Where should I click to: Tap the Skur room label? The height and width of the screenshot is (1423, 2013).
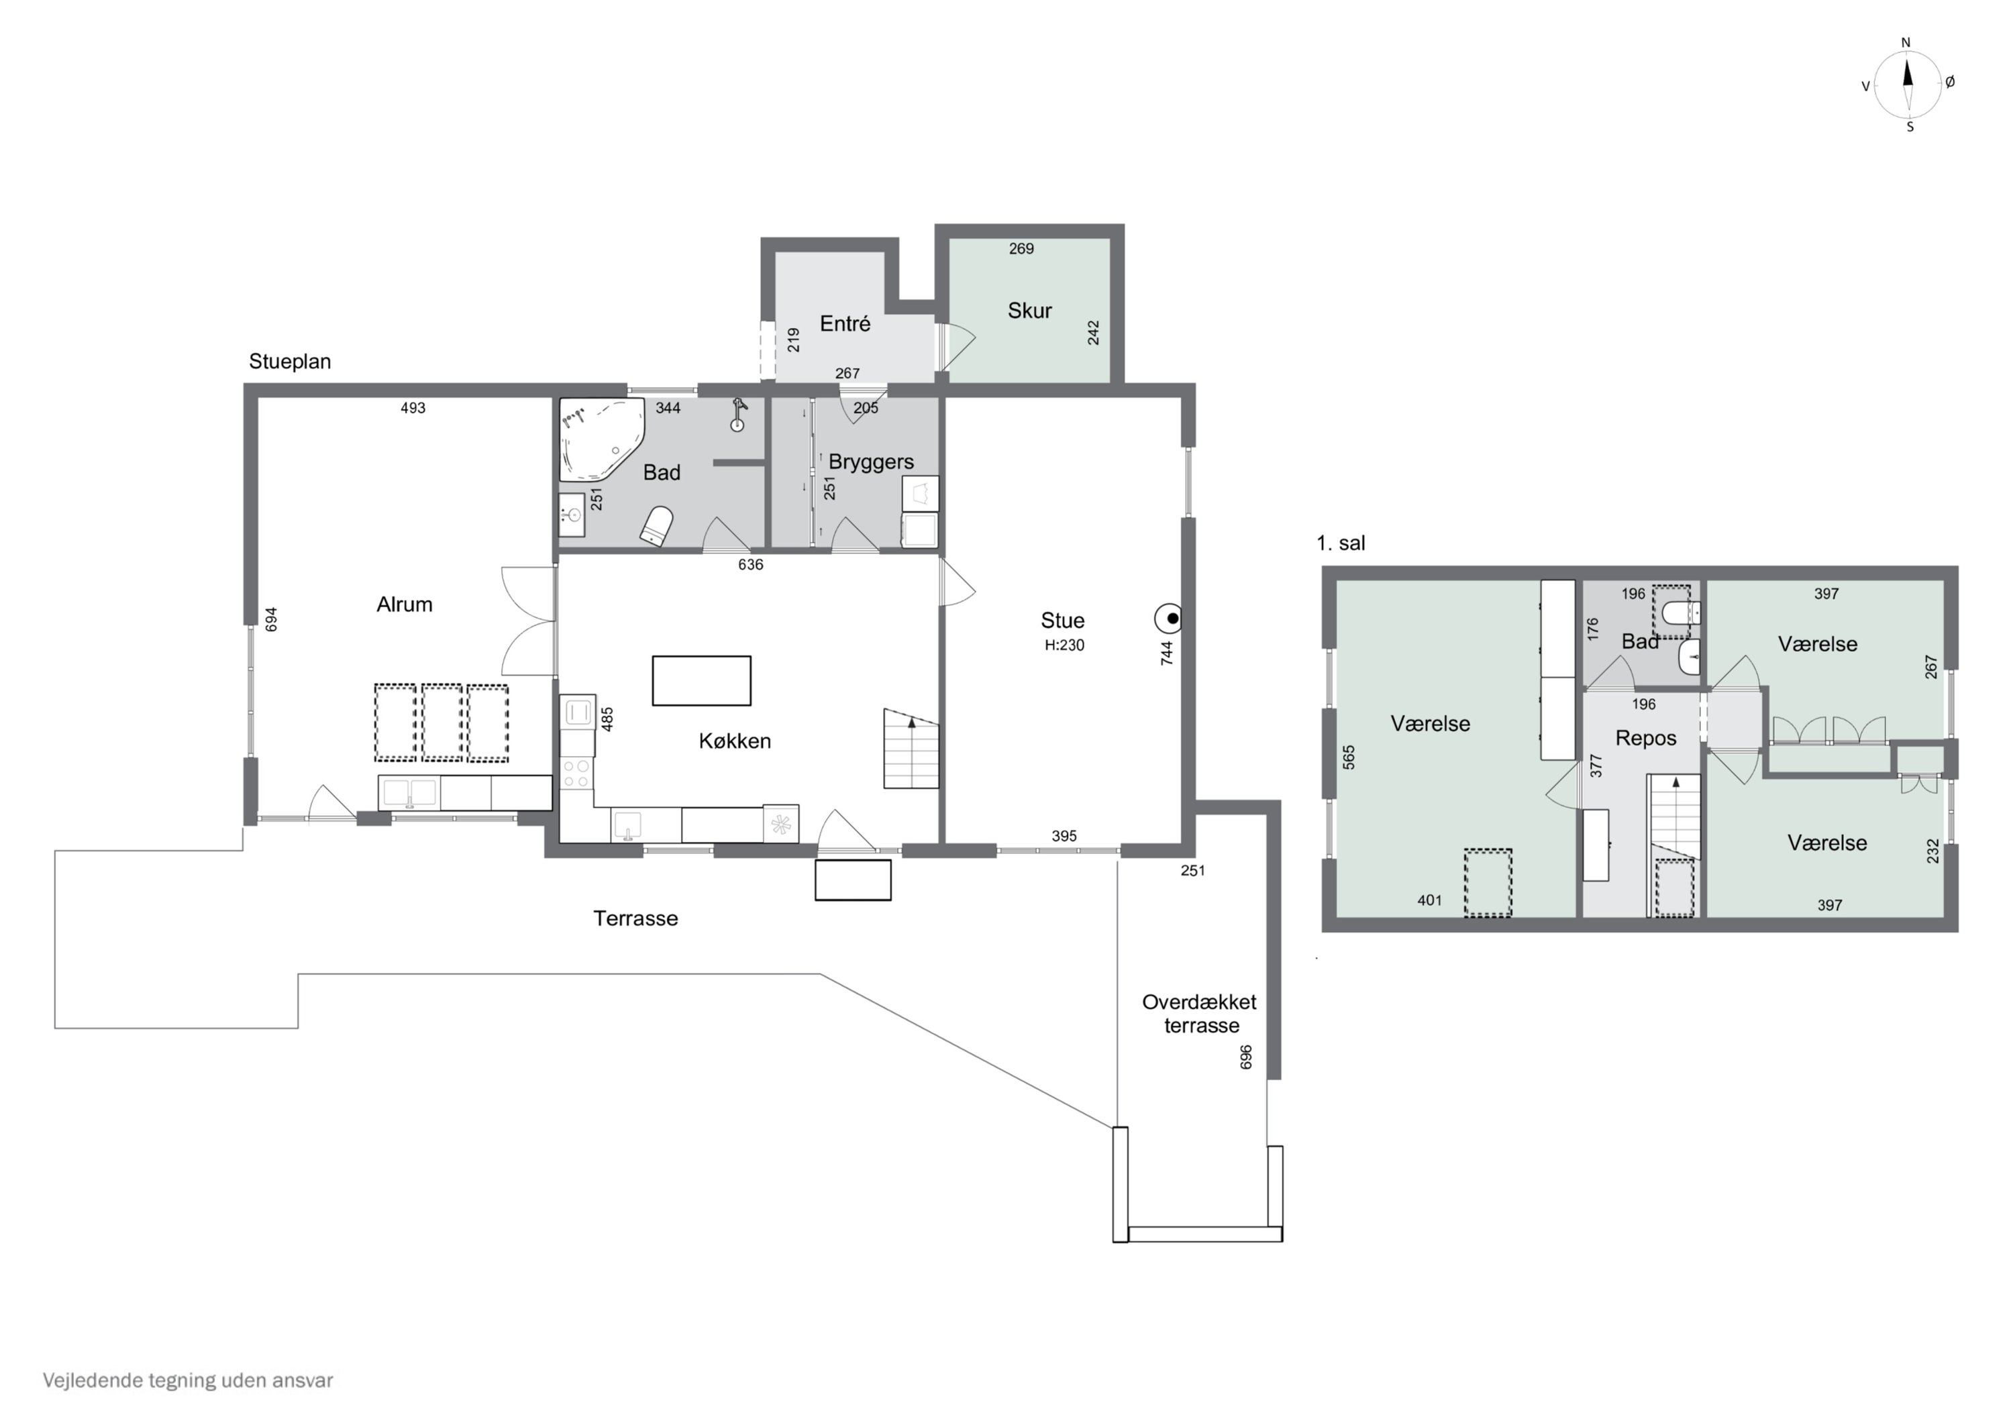point(1029,311)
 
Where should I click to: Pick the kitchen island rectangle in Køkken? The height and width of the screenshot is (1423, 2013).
point(701,680)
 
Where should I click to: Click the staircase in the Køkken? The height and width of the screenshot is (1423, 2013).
point(911,748)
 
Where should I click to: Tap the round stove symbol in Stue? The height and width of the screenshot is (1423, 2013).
point(1169,619)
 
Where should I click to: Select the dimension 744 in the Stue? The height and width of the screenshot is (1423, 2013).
point(1166,653)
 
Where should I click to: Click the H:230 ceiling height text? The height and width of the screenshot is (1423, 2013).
point(1064,645)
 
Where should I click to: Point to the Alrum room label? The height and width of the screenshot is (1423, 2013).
point(404,604)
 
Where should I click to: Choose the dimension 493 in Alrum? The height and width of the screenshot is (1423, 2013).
point(413,408)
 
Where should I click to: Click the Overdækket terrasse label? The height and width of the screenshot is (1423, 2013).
point(1199,1014)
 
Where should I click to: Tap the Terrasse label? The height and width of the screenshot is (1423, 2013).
point(635,918)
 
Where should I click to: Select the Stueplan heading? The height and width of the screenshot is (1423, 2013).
point(290,361)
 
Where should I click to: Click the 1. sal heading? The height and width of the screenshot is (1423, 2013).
point(1341,543)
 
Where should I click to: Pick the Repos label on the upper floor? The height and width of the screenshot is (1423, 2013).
point(1646,738)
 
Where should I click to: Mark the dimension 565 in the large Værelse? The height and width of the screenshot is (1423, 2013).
point(1349,757)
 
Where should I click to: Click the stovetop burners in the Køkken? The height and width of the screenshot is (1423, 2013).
point(576,774)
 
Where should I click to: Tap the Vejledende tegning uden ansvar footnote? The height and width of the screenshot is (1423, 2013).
point(188,1380)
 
